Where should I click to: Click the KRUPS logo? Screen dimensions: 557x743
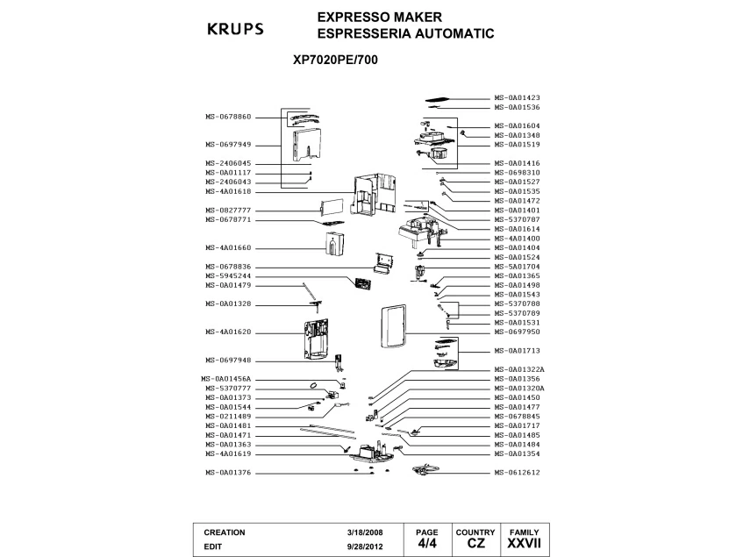(x=234, y=28)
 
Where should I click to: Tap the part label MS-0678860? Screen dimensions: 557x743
(x=229, y=117)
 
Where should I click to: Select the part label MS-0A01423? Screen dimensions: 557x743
(x=518, y=98)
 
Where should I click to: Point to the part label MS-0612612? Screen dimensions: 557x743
(x=518, y=473)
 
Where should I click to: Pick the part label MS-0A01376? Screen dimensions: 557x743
(x=229, y=473)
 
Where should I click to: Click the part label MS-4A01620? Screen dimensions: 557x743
(x=229, y=332)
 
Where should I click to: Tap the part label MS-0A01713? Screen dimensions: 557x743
(x=518, y=351)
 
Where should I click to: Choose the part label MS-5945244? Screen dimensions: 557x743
(x=229, y=276)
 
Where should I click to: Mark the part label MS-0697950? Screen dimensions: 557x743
(x=518, y=332)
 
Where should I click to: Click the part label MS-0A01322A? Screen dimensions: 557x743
(x=520, y=369)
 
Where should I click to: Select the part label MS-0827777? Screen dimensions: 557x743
(x=229, y=211)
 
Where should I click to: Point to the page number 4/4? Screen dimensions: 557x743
(x=427, y=544)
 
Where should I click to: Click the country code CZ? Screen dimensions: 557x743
(x=476, y=544)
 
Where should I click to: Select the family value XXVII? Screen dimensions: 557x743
(x=525, y=544)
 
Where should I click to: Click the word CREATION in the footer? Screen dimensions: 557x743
(x=225, y=532)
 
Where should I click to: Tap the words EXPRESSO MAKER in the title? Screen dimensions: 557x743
(x=379, y=17)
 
